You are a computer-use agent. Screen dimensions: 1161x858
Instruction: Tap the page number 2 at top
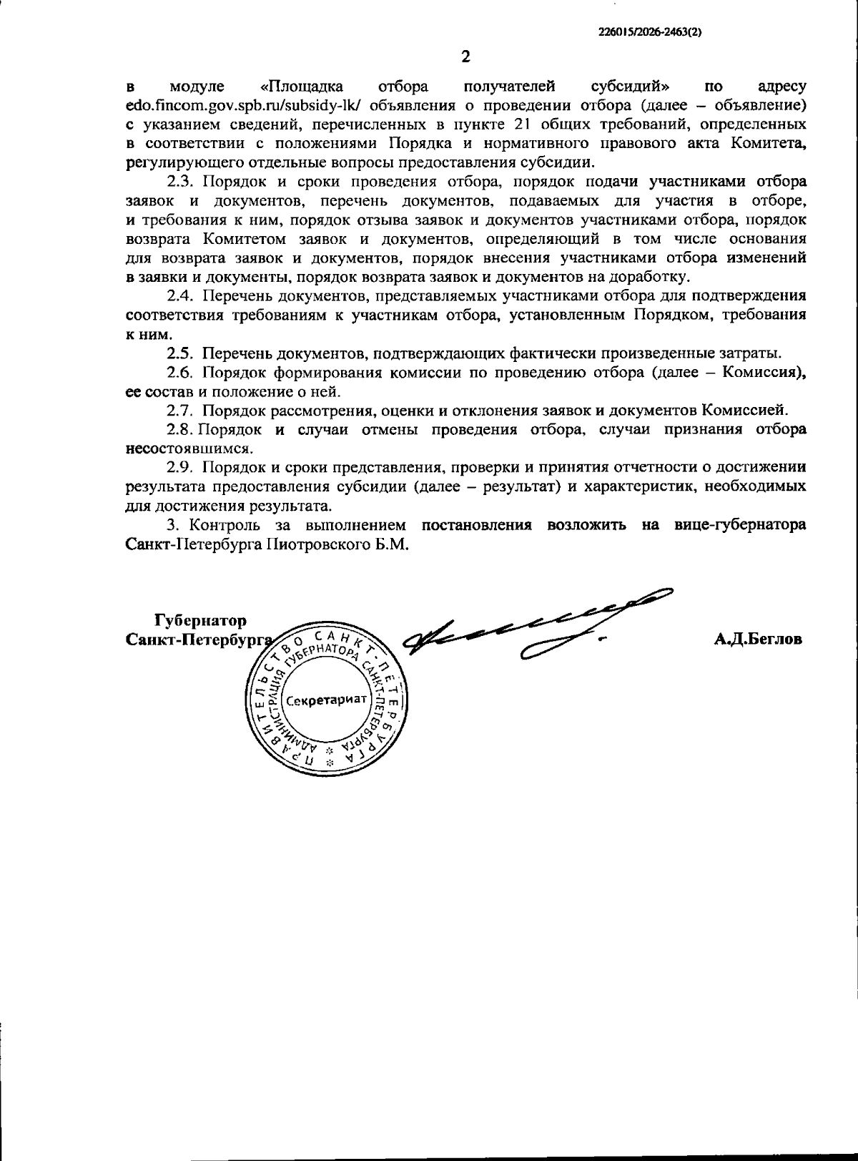[x=465, y=57]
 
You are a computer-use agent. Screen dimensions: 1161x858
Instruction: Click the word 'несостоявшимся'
[x=189, y=449]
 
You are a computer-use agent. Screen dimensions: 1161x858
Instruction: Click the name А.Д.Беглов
[x=757, y=640]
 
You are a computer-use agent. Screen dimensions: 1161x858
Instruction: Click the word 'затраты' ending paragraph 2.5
[x=755, y=353]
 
